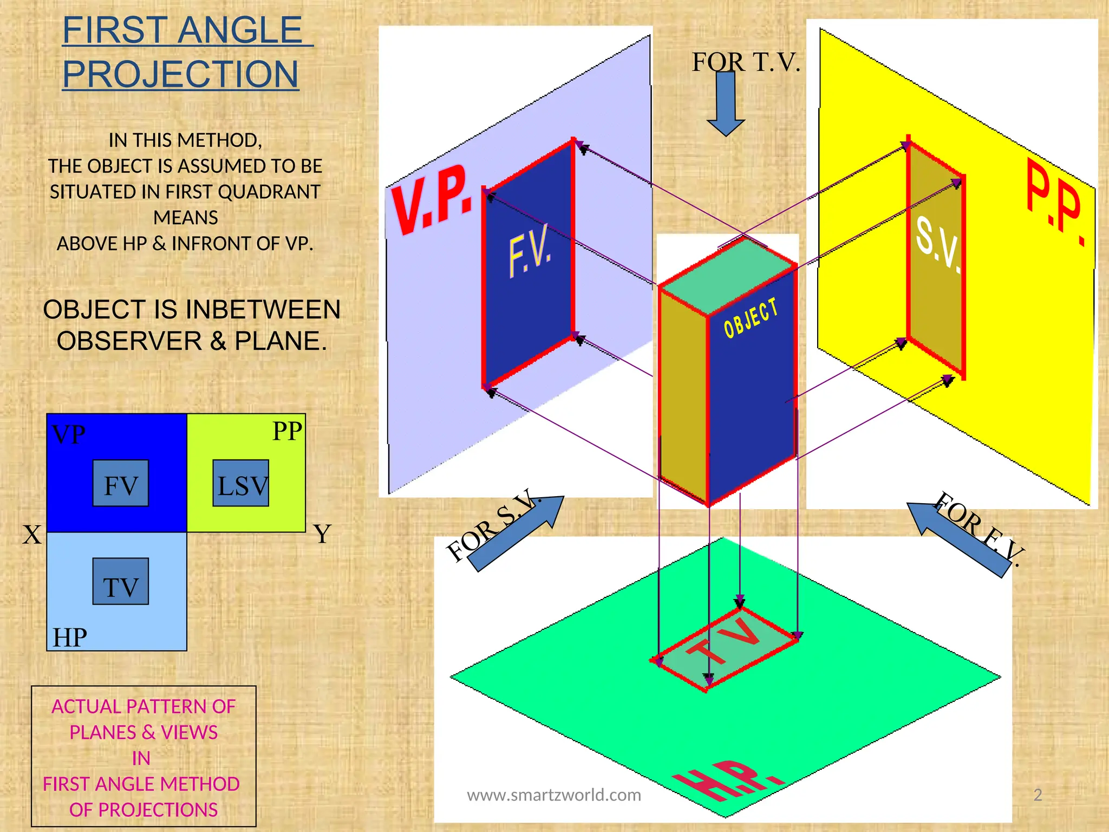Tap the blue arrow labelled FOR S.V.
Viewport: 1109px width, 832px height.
515,534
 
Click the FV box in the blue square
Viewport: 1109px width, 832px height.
120,484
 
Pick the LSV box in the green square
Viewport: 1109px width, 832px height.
241,484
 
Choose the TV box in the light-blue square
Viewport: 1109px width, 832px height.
120,582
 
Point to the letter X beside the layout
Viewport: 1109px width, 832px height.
31,535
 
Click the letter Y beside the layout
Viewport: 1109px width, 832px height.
322,535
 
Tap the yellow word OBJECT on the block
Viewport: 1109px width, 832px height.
751,318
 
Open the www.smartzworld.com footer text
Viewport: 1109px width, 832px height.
553,795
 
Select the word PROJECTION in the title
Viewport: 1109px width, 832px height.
180,74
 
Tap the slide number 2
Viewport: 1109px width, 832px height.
1038,795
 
